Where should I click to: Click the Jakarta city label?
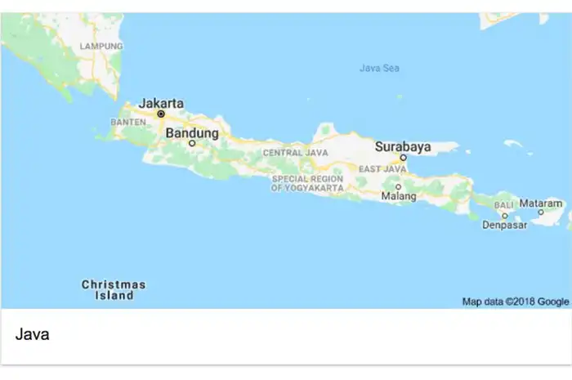coord(161,103)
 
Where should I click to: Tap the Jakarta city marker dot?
coord(161,114)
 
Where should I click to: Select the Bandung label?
coord(192,132)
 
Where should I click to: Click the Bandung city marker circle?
coord(192,143)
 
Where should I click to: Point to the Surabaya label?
coord(402,147)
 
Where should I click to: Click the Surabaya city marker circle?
coord(403,158)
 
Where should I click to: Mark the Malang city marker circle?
coord(398,186)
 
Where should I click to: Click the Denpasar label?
coord(504,225)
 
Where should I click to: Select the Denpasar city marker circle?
coord(505,216)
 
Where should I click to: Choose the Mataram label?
coord(542,203)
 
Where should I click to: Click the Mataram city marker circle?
coord(541,212)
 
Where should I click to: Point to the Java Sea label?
coord(379,68)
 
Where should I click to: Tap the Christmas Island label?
coord(114,290)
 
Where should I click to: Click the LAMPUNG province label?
coord(101,47)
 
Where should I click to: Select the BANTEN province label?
coord(127,123)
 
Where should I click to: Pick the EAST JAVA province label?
coord(382,169)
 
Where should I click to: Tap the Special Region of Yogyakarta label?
coord(307,183)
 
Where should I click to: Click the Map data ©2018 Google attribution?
coord(515,302)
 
